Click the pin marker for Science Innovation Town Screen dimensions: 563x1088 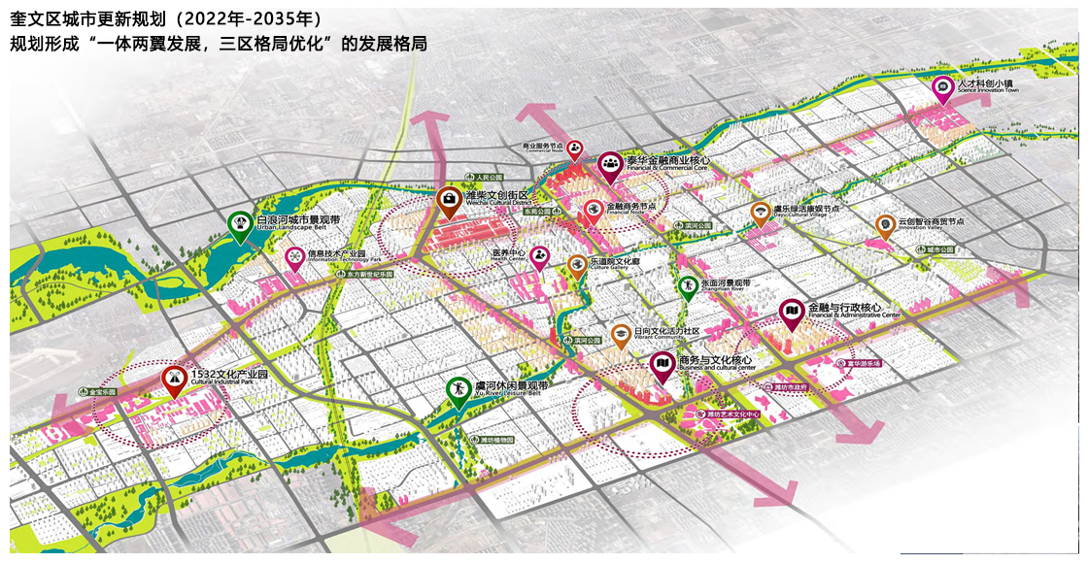[941, 87]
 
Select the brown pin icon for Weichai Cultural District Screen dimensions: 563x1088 [448, 200]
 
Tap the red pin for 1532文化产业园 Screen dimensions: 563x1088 [174, 379]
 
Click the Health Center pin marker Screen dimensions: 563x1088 [539, 257]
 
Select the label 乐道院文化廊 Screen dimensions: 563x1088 [617, 261]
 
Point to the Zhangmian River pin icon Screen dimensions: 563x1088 [687, 287]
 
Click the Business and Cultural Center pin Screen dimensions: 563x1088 [662, 366]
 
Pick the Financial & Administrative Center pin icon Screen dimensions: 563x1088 [792, 312]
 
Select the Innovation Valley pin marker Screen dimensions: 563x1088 [884, 225]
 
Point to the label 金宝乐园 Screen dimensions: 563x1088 [100, 392]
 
